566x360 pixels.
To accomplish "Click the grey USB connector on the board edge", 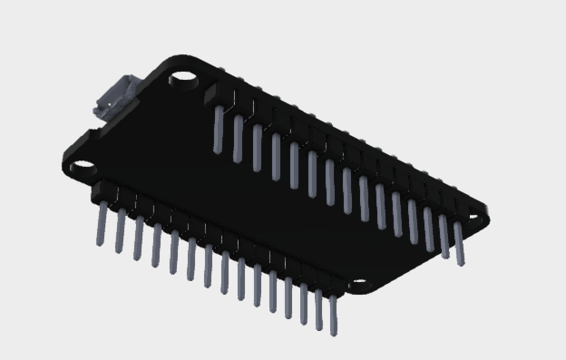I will [113, 98].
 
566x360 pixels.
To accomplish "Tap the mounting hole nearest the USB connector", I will [184, 80].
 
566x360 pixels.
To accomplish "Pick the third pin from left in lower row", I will [139, 238].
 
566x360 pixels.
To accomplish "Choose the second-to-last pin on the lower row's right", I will [318, 309].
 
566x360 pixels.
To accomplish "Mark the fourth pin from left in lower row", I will [156, 246].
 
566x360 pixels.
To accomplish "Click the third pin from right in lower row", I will [303, 303].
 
